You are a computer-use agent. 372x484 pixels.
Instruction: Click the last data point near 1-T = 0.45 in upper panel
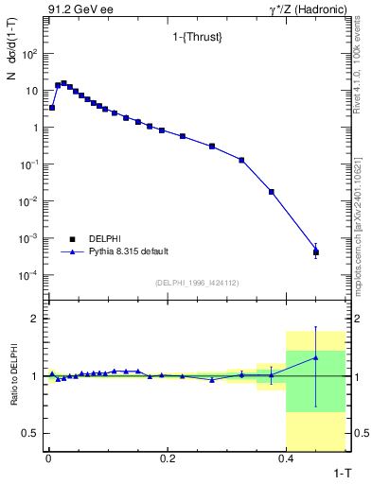click(x=315, y=252)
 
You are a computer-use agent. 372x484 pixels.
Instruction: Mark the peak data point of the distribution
click(x=63, y=83)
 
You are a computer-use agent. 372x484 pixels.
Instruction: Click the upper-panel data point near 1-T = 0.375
click(x=272, y=192)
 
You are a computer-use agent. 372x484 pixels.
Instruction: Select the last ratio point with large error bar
click(x=315, y=357)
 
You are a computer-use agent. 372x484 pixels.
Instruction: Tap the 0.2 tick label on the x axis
click(x=168, y=458)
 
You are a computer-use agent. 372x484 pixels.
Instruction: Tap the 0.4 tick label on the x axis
click(x=286, y=458)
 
